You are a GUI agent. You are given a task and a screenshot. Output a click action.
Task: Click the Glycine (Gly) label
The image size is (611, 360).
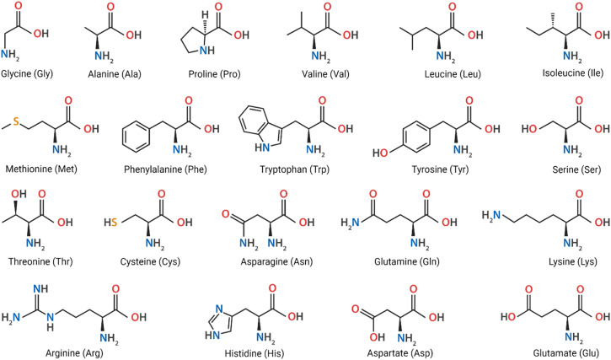[x=35, y=73]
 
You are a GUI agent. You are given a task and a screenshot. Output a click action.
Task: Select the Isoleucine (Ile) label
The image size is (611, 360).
[x=560, y=73]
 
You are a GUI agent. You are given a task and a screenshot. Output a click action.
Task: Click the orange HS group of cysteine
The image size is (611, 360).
[x=133, y=222]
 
